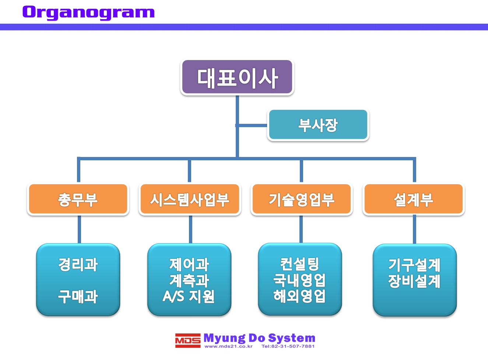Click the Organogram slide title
(x=88, y=13)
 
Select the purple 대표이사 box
(x=237, y=77)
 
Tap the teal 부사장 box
(x=318, y=125)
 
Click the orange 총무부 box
(x=78, y=199)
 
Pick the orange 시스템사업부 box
(x=190, y=199)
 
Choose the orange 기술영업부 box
(x=302, y=199)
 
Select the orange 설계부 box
(x=414, y=199)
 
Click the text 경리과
(x=78, y=265)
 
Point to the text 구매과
(x=78, y=297)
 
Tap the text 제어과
(x=189, y=265)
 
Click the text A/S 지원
(x=189, y=296)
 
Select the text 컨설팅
(x=300, y=264)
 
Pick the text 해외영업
(x=299, y=296)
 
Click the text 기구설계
(x=414, y=265)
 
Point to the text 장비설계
(x=414, y=281)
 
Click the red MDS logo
(x=188, y=340)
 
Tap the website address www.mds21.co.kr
(x=228, y=346)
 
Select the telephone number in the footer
(x=288, y=346)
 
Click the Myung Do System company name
(x=259, y=338)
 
